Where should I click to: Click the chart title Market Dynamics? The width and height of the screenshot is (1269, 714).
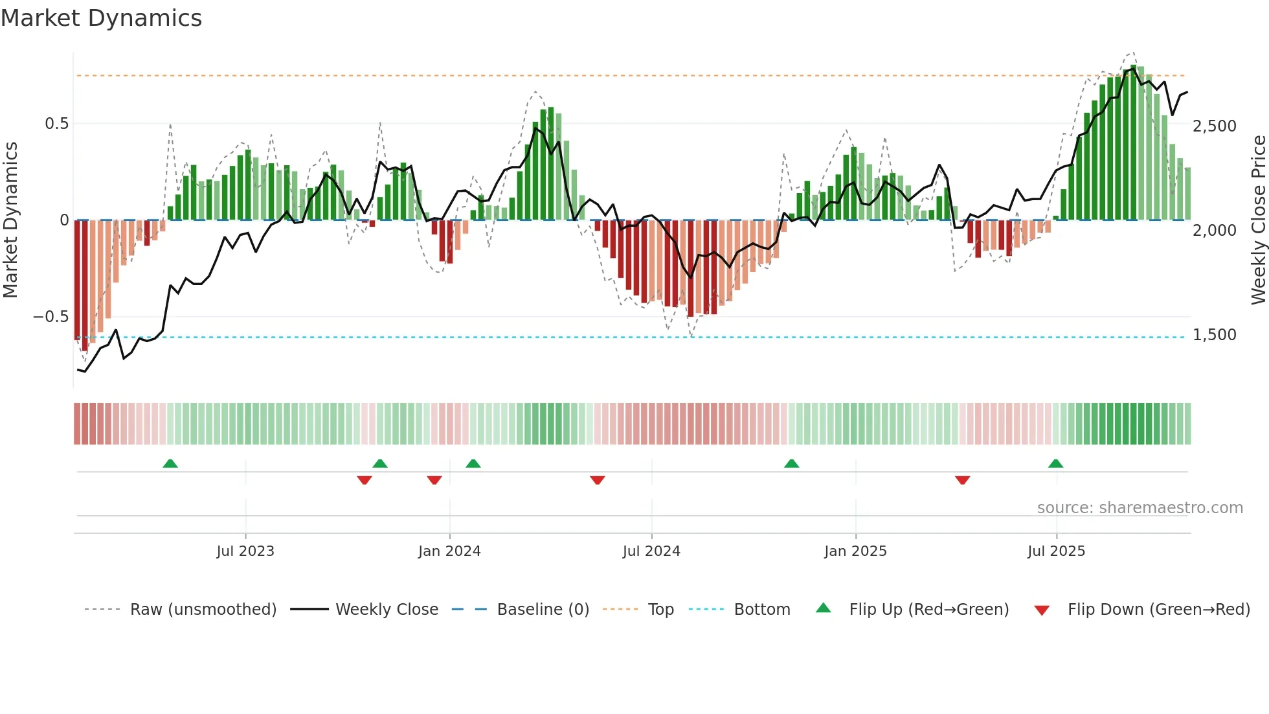tap(101, 18)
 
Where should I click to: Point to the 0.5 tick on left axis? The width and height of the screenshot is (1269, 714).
tap(56, 124)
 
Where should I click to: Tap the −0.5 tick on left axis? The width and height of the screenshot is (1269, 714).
tap(51, 317)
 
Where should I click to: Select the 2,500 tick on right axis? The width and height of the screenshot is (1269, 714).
tap(1214, 126)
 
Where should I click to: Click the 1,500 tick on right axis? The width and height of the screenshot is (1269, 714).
tap(1214, 335)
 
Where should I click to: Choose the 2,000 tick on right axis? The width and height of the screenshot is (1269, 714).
tap(1214, 231)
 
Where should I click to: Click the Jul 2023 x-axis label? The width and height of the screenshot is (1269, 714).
tap(245, 551)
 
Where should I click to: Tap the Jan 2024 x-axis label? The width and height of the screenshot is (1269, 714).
tap(449, 551)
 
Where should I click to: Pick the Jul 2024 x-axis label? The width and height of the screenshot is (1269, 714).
tap(651, 551)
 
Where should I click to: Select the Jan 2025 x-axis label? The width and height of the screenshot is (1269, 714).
tap(855, 551)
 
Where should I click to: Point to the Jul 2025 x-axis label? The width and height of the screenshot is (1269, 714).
tap(1056, 551)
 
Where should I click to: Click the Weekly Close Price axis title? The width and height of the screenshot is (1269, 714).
tap(1258, 220)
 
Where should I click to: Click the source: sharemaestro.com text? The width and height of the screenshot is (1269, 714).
tap(1140, 508)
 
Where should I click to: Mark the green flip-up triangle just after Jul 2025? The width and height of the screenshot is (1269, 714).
tap(1055, 464)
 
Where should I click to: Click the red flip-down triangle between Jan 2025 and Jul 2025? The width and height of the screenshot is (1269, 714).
tap(962, 480)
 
